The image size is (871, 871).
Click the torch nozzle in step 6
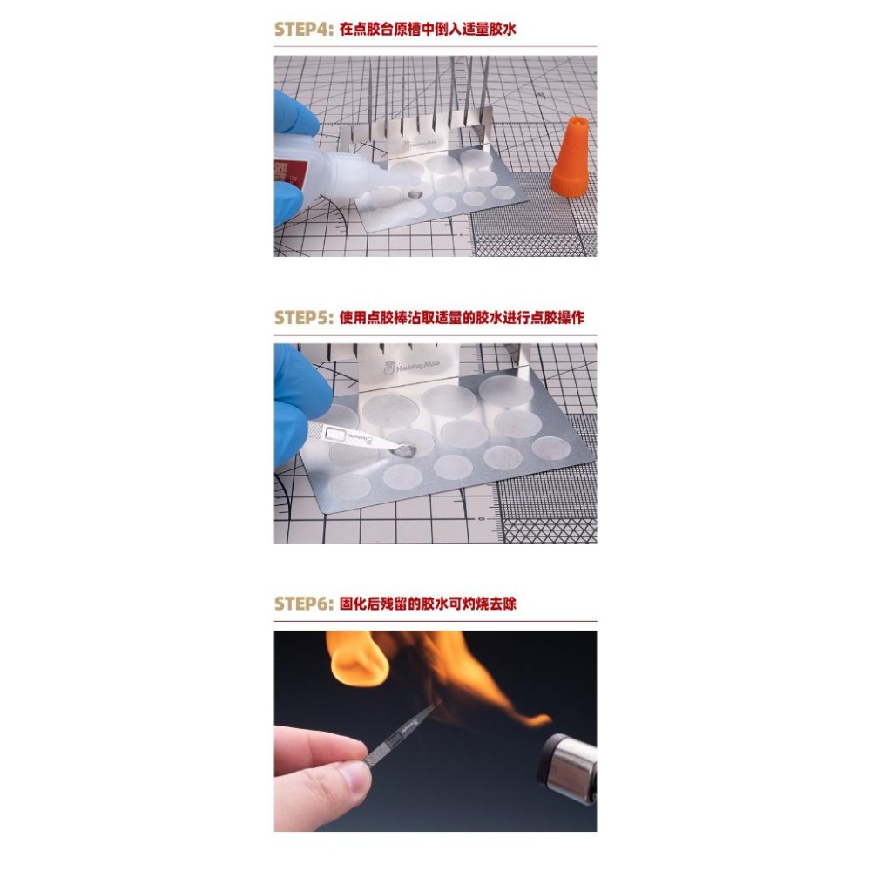pos(566,766)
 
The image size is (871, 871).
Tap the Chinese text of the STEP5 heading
pos(460,317)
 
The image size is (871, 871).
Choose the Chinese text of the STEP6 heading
pos(427,604)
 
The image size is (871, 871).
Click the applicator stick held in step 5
pos(353,435)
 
